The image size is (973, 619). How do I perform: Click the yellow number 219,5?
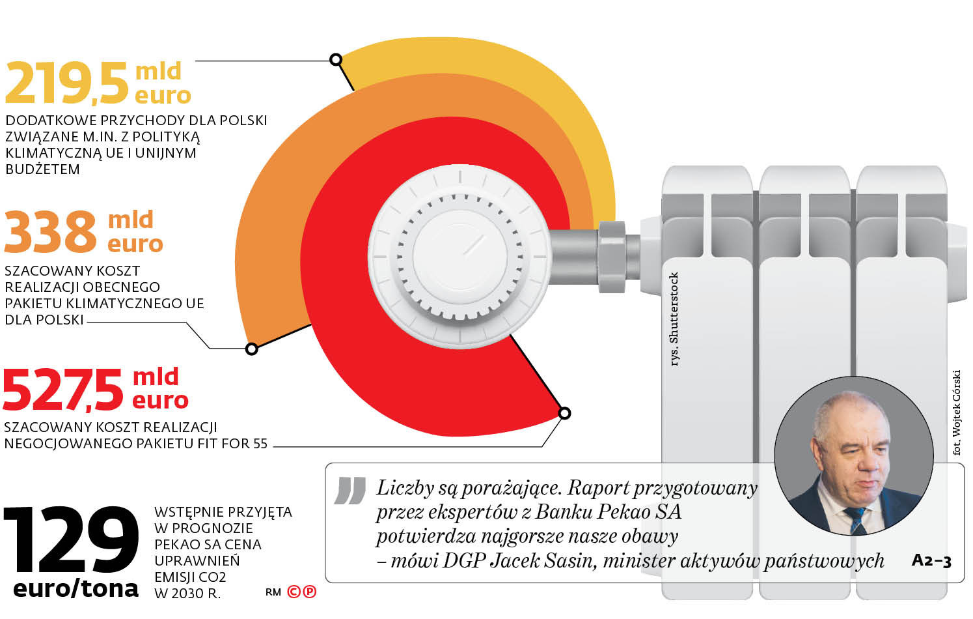click(66, 83)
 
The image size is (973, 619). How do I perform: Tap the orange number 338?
click(50, 232)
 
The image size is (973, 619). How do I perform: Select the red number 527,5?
click(63, 390)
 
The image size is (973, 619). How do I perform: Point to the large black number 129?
click(71, 540)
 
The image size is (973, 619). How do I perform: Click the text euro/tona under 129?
click(75, 588)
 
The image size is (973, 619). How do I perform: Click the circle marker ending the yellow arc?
click(336, 60)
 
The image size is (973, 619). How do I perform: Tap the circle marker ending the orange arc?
click(252, 349)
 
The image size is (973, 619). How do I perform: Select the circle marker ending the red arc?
click(565, 413)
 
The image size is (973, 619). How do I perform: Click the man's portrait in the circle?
click(853, 455)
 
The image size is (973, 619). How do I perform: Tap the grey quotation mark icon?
click(350, 491)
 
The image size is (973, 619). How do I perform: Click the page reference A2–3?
click(931, 560)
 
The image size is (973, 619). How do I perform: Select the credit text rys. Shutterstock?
click(674, 319)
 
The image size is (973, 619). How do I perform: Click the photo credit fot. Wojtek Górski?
click(956, 412)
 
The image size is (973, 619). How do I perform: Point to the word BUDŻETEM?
click(43, 169)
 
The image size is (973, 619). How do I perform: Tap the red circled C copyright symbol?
click(294, 592)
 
